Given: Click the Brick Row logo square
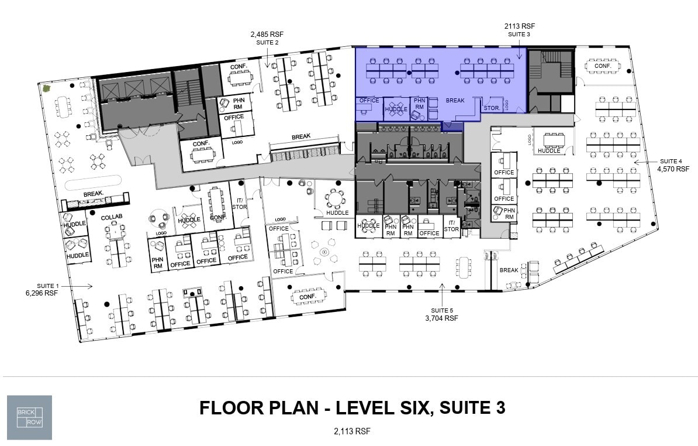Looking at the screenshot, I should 29,417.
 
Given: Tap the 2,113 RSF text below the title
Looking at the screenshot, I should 352,431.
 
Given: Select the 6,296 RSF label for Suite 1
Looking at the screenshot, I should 42,293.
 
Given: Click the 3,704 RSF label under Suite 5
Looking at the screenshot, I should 441,318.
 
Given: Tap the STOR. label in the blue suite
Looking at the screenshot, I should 489,108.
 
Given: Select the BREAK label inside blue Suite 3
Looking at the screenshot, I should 455,101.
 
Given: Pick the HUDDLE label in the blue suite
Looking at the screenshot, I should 396,109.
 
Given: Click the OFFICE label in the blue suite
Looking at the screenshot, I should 369,101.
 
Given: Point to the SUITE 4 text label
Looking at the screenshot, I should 671,161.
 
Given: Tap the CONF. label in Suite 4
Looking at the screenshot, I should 603,66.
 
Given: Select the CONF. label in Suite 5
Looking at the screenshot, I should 307,297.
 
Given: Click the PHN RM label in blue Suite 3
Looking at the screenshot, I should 419,104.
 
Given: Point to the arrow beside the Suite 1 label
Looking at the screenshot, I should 85,286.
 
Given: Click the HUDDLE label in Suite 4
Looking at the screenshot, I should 549,151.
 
